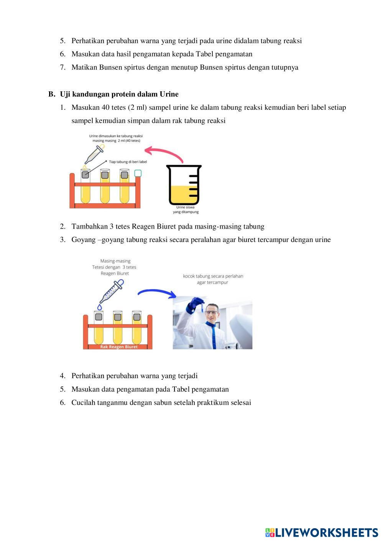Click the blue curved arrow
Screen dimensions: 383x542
point(157,291)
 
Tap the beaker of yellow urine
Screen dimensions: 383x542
point(184,185)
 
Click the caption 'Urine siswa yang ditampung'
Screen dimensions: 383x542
point(186,209)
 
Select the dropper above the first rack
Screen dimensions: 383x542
point(95,154)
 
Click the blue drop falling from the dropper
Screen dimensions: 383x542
point(100,307)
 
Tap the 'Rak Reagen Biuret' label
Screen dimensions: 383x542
point(119,347)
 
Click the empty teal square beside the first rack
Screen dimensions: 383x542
point(138,173)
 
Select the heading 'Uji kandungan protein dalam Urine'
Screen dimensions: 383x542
point(119,94)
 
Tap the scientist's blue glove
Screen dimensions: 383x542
point(194,305)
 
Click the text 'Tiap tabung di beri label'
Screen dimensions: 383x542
point(128,161)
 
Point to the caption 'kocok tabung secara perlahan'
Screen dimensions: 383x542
point(213,276)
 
